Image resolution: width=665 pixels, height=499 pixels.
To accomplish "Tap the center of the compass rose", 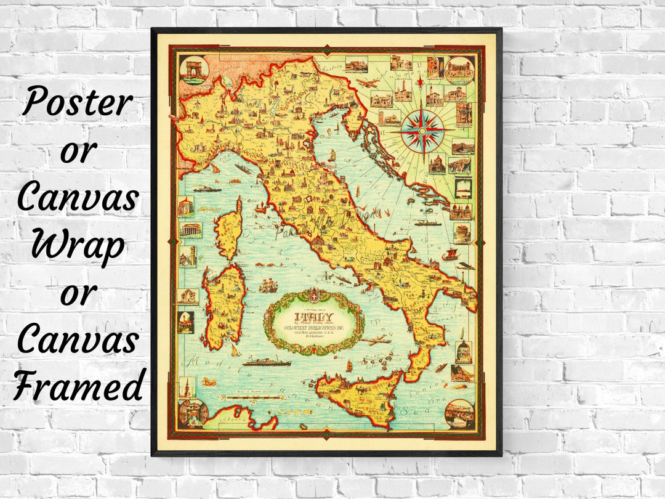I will (425, 131).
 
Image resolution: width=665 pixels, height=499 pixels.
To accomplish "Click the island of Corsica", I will (228, 228).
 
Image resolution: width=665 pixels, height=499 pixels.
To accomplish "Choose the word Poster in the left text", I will (77, 102).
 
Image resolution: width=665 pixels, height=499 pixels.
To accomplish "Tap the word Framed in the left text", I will (77, 388).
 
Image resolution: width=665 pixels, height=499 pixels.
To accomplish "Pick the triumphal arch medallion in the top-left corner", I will (193, 70).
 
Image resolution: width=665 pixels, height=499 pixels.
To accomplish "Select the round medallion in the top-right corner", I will (459, 70).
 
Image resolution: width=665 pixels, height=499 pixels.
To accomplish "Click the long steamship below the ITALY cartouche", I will (266, 363).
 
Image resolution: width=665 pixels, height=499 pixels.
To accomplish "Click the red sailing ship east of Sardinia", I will (268, 286).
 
